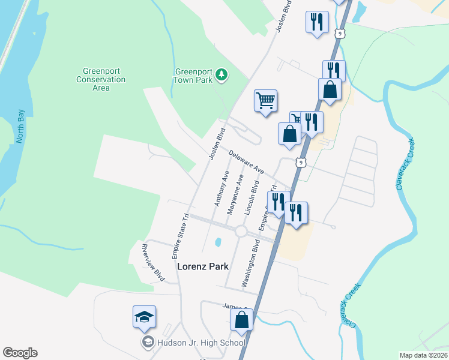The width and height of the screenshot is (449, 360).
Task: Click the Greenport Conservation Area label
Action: [101, 79]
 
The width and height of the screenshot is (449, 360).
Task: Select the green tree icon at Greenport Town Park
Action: [222, 74]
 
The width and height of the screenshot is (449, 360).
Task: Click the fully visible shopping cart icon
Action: [265, 100]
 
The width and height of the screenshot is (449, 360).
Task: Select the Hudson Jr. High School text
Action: [201, 343]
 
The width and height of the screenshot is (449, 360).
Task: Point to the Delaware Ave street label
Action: [246, 162]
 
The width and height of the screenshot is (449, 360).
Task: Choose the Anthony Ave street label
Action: [221, 188]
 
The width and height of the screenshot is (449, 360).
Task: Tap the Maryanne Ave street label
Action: [235, 195]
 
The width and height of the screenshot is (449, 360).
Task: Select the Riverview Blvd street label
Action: [152, 263]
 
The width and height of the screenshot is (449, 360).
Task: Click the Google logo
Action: [20, 353]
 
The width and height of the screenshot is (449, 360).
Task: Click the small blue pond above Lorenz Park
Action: [218, 242]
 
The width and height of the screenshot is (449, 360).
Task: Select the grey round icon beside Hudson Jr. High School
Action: [148, 343]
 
